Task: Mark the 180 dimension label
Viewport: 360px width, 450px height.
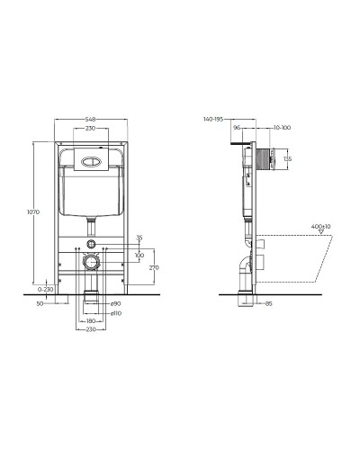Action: (90, 320)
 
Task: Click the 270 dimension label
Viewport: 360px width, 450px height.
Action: (154, 267)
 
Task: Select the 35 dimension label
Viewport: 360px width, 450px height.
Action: (139, 238)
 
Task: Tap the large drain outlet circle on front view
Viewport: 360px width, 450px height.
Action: (90, 264)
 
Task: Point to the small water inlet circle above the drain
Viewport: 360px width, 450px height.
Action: (90, 246)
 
